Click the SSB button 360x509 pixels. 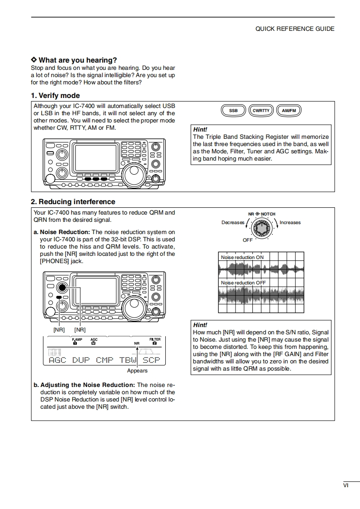[233, 110]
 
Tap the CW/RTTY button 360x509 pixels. [261, 110]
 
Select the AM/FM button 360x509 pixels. [288, 110]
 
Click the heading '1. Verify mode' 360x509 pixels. [55, 96]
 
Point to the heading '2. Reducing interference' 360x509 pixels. [73, 202]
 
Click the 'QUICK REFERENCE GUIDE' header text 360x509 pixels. [295, 29]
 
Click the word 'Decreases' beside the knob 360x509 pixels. [233, 223]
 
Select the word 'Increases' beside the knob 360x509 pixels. [290, 223]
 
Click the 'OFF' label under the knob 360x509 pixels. [247, 240]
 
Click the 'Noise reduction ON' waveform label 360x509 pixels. [242, 257]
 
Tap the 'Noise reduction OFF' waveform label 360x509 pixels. [243, 283]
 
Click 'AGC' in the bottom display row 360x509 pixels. [57, 360]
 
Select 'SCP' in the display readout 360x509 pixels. [152, 360]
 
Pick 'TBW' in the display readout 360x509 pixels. [128, 360]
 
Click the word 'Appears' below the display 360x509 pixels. [137, 371]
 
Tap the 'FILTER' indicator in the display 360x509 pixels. [155, 339]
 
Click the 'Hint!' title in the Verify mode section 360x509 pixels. [200, 129]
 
